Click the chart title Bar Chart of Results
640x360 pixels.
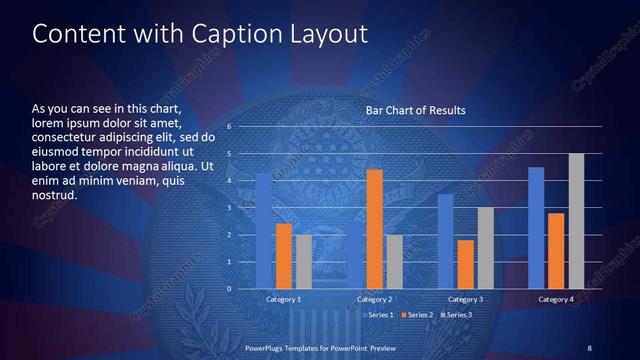click(415, 109)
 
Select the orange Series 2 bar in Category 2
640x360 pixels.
click(374, 229)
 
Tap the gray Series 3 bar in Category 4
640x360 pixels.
click(576, 221)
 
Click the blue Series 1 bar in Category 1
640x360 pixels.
click(264, 231)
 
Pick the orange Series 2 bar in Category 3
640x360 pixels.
click(464, 264)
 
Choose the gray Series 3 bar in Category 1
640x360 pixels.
click(303, 262)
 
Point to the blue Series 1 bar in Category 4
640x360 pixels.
click(536, 228)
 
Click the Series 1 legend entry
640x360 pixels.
click(379, 315)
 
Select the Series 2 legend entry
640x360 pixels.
click(417, 315)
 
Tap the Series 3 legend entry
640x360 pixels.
click(456, 315)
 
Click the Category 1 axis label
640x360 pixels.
click(284, 299)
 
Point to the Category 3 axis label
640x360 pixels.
click(464, 299)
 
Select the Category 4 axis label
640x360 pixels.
click(555, 299)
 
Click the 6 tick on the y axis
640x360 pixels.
click(230, 127)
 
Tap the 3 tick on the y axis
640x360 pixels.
click(230, 208)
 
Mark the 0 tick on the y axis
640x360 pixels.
click(230, 289)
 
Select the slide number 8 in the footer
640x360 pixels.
click(589, 347)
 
